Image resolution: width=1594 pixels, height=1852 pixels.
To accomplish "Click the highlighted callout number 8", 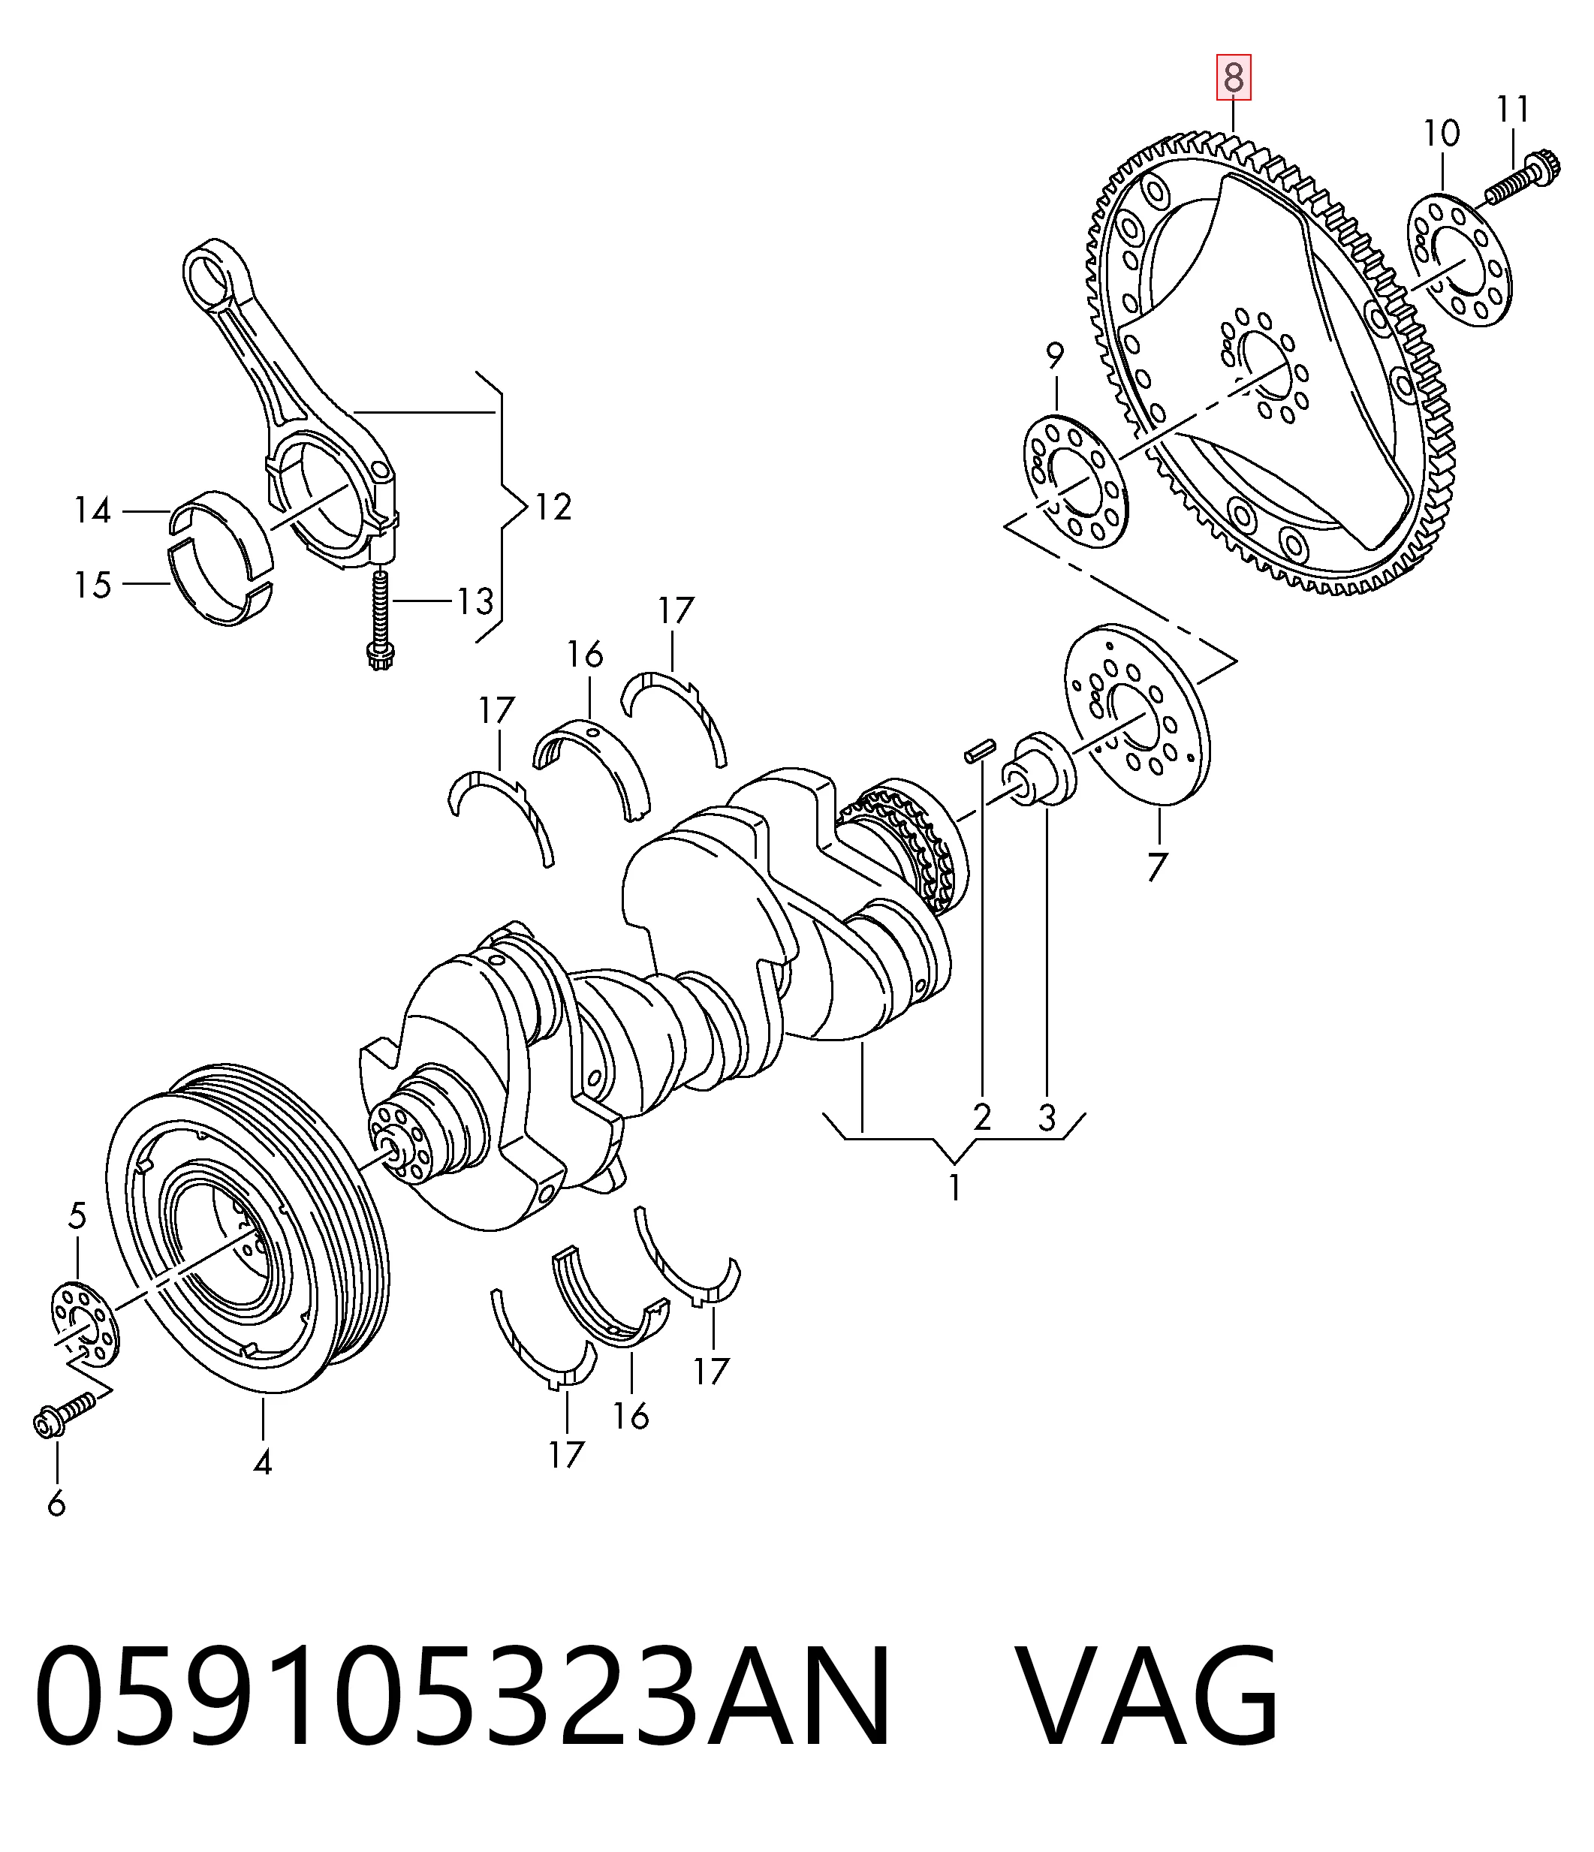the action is click(1233, 78).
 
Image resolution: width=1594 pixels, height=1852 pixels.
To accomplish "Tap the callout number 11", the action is click(1513, 109).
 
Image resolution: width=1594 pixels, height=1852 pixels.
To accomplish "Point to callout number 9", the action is click(1055, 357).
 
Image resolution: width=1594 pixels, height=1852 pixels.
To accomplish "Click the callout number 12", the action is click(553, 507).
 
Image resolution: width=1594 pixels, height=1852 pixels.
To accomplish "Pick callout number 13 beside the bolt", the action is click(475, 601).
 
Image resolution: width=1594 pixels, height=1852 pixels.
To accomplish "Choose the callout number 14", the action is click(92, 511).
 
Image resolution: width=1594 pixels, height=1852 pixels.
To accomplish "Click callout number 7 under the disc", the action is click(1157, 866).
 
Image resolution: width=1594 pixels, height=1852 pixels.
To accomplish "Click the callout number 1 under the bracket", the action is click(955, 1188).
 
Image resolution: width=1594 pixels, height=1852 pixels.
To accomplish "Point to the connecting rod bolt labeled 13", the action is click(377, 619).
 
